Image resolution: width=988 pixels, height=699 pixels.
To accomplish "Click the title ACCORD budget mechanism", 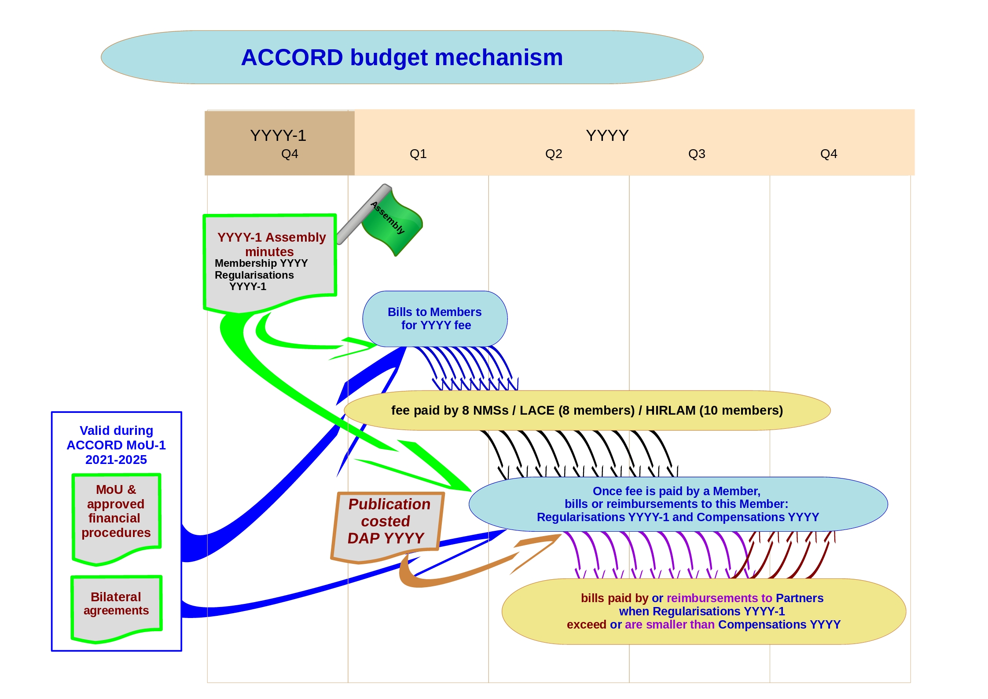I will coord(402,58).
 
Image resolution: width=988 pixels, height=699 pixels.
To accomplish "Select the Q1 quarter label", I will coord(418,154).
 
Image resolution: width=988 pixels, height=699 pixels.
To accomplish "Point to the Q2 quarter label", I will coord(553,154).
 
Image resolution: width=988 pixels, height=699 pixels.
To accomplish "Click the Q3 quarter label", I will coord(696,154).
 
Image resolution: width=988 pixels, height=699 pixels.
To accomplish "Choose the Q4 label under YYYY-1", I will coord(290,154).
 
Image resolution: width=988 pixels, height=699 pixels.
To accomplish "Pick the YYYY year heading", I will coord(607,136).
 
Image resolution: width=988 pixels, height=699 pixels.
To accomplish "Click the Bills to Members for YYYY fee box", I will coord(434,319).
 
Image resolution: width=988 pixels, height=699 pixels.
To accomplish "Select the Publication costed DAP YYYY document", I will coord(387,524).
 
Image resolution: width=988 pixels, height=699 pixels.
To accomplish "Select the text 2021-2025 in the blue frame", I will coord(116,460).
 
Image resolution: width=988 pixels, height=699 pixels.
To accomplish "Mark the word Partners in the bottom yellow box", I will coord(799,598).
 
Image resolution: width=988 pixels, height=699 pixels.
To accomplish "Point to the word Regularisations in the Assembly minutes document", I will coord(254,275).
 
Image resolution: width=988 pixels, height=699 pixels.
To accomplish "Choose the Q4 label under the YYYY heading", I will coord(828,154).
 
